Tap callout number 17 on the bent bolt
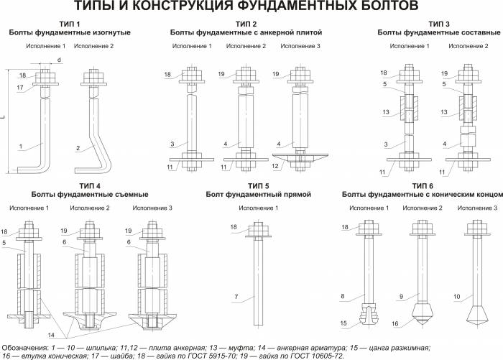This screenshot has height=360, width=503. point(22,88)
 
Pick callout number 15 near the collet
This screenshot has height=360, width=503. point(345,323)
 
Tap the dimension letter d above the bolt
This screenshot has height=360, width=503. point(58,60)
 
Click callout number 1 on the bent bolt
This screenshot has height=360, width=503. point(22,147)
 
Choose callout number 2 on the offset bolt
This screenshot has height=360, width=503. point(78,147)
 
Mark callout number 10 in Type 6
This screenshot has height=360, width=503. point(457,296)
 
